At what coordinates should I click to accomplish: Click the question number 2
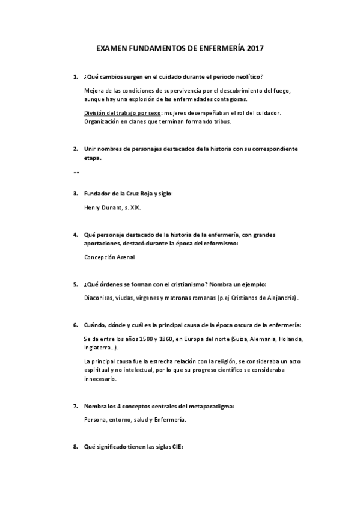click(x=75, y=148)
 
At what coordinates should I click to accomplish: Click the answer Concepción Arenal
click(x=109, y=257)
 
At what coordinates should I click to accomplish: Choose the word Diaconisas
click(x=100, y=298)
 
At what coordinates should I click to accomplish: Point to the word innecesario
click(x=100, y=379)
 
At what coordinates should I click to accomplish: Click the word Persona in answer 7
click(x=95, y=420)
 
